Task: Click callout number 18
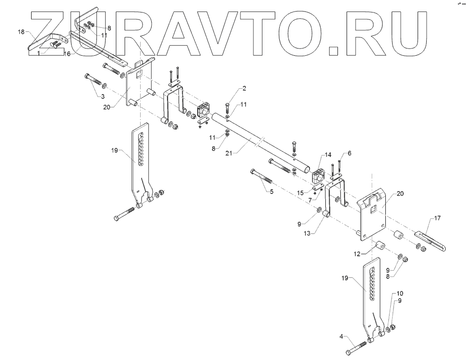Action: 21,32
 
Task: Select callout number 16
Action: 67,54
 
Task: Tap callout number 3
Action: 102,96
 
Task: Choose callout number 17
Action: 437,218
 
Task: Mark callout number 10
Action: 400,293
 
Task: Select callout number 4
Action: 341,336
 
